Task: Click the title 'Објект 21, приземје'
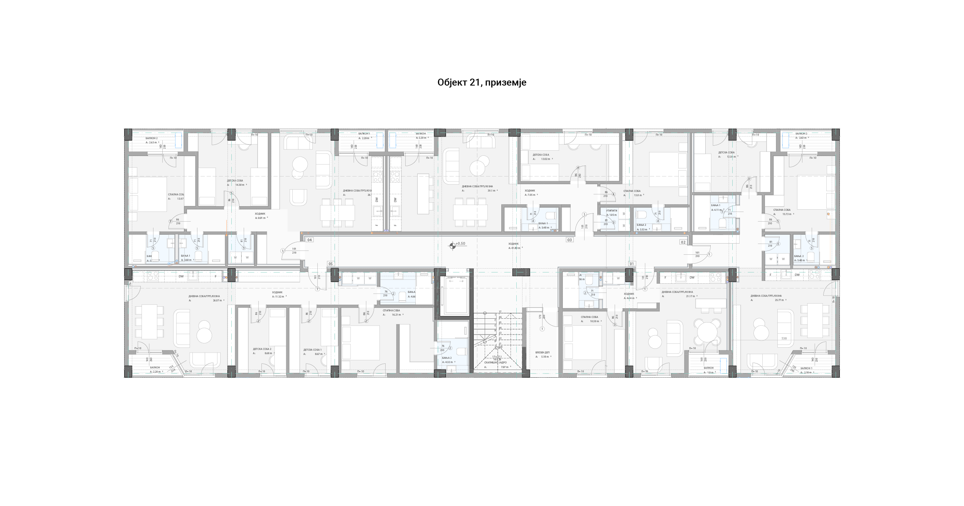(x=482, y=82)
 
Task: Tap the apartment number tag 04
(x=309, y=240)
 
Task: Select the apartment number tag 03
(x=569, y=240)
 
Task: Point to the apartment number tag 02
(x=683, y=242)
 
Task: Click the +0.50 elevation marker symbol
(x=453, y=245)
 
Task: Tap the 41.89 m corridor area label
(x=514, y=248)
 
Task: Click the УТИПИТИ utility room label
(x=612, y=211)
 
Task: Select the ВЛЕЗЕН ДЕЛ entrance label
(x=542, y=352)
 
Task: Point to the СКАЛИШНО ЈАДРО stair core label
(x=495, y=363)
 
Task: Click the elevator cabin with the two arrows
(x=456, y=295)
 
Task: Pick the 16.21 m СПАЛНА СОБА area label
(x=393, y=315)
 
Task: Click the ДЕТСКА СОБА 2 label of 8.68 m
(x=262, y=349)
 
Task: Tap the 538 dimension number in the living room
(x=784, y=338)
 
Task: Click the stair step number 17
(x=500, y=312)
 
